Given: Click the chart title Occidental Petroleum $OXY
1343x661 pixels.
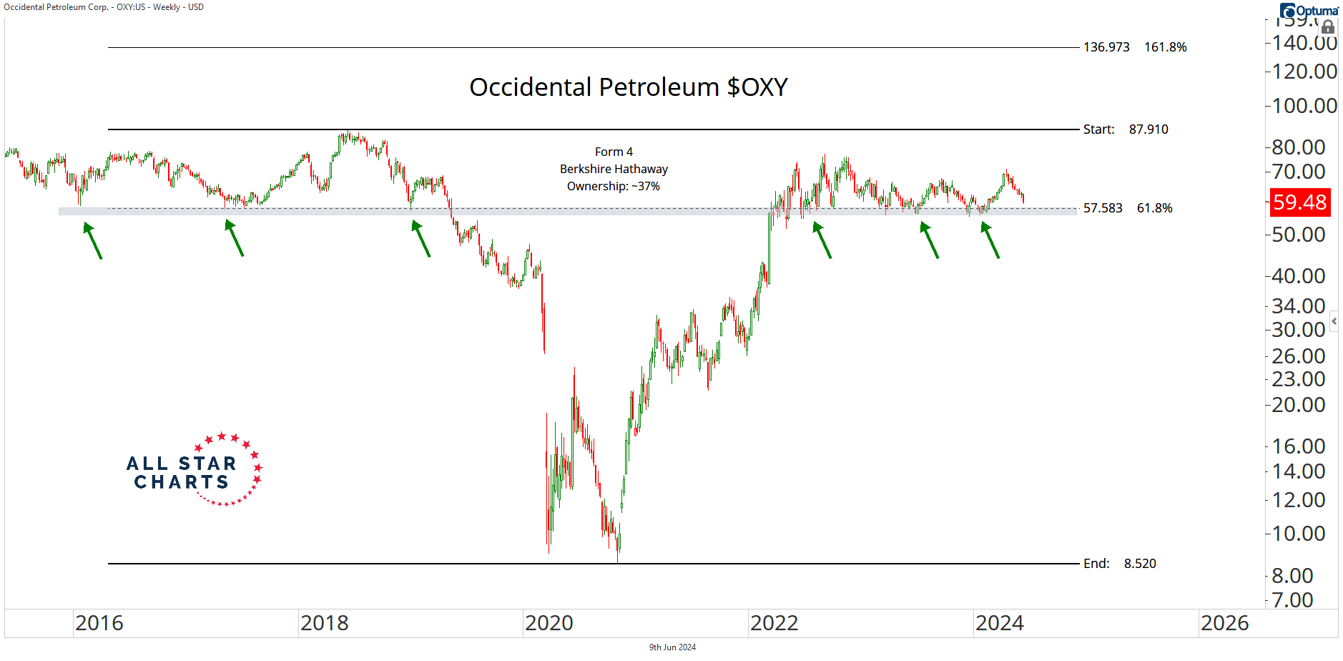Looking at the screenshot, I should pos(628,87).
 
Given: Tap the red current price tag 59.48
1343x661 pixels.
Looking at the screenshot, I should pos(1299,202).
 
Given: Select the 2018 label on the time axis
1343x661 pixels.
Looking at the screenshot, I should pos(324,623).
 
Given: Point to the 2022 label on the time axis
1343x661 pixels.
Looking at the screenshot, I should pos(774,623).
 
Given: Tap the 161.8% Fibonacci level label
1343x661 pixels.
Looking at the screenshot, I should pos(1165,47).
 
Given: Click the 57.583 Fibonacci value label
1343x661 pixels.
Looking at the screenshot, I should pos(1102,208).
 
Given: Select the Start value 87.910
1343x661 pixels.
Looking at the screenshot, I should pos(1148,129).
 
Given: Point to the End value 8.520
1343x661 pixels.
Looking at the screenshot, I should pos(1139,564).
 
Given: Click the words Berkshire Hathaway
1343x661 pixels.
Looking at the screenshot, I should pos(614,169).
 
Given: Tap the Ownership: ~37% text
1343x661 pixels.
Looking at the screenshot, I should pos(613,186).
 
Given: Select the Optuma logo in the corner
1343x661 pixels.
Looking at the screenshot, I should pos(1309,10).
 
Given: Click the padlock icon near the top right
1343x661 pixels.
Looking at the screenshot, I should pos(1327,28).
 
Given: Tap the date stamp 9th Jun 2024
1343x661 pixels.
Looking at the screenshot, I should pos(672,647).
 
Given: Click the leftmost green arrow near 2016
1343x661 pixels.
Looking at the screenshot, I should pos(93,240).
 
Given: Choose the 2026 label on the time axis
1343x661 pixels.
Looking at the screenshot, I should pos(1224,623).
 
